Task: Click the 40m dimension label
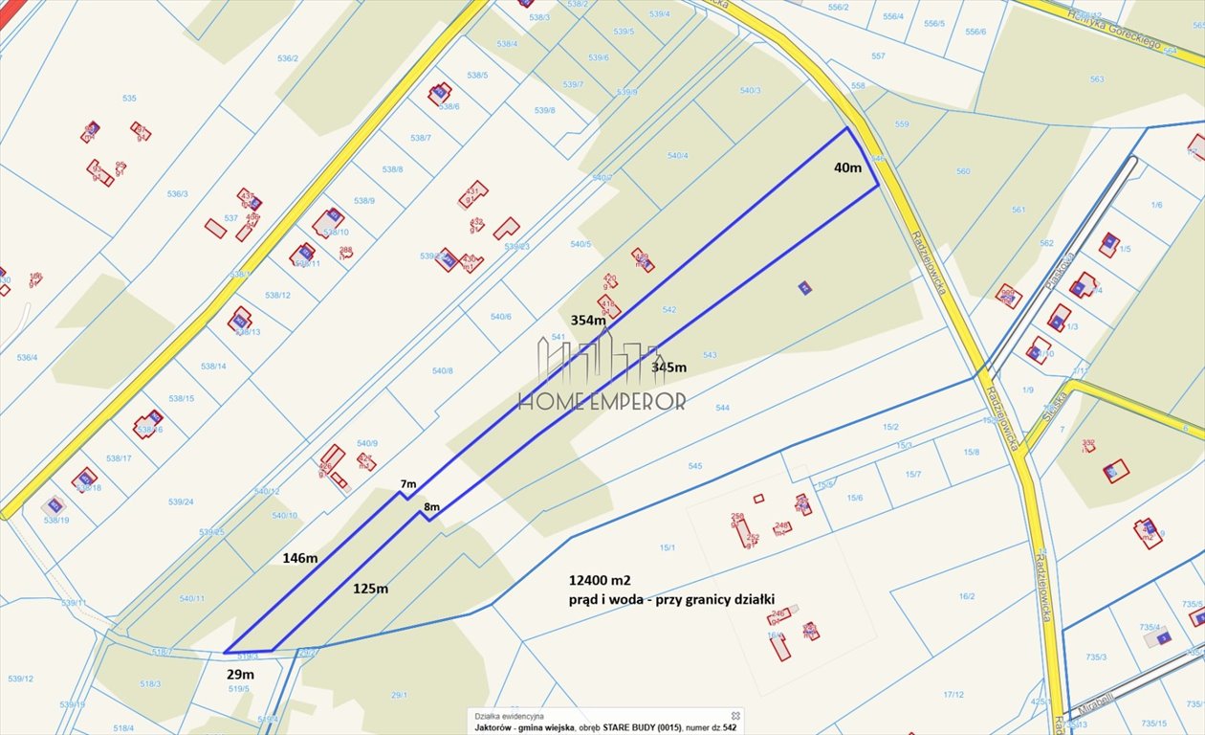(847, 167)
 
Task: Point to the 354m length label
(588, 320)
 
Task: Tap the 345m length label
(668, 367)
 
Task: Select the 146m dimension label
(299, 557)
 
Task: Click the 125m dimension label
(369, 588)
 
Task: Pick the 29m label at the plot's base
(240, 675)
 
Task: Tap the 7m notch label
(408, 483)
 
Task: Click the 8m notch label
(431, 506)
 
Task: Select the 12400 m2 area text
(600, 580)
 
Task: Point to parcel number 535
(129, 99)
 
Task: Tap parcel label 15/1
(667, 547)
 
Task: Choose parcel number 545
(694, 466)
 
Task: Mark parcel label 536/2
(288, 58)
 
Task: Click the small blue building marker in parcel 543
(805, 287)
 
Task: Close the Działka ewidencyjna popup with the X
(735, 715)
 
